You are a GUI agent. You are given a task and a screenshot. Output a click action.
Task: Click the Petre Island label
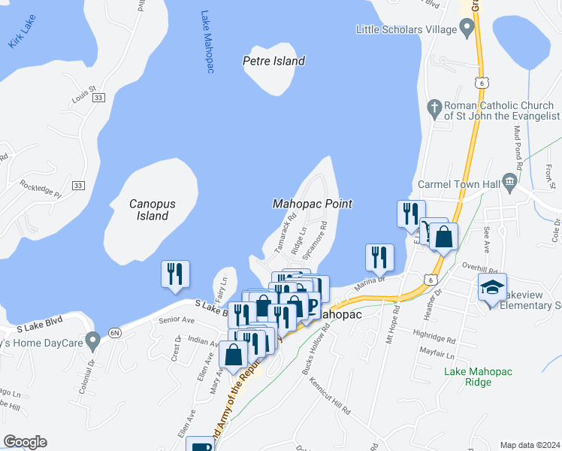point(273,61)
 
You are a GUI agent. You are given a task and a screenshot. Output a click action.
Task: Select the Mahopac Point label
point(312,204)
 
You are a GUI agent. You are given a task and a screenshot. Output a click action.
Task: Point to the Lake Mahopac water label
point(208,42)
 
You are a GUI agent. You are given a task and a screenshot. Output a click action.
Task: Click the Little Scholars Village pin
point(467,30)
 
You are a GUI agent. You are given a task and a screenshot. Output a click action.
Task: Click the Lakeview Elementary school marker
point(492,289)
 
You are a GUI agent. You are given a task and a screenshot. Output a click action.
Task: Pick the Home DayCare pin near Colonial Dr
point(92,341)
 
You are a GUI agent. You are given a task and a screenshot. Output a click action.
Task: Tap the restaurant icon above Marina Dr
point(378,257)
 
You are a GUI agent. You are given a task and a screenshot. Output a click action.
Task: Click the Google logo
point(26,442)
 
